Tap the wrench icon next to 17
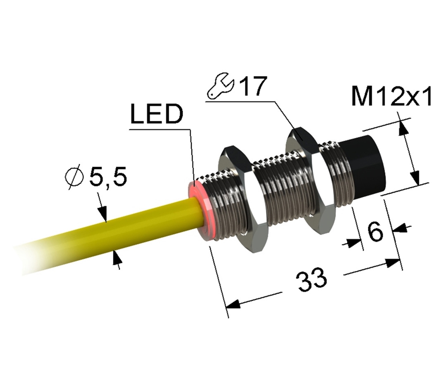[220, 86]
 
